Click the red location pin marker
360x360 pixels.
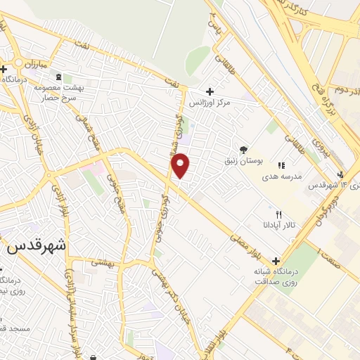[x=181, y=165]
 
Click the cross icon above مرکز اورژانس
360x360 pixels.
[x=210, y=91]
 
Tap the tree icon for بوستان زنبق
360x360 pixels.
[x=243, y=149]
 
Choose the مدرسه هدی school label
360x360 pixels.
[x=282, y=176]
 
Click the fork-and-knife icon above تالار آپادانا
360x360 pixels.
[x=278, y=214]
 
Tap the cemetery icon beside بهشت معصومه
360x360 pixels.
[x=58, y=77]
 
